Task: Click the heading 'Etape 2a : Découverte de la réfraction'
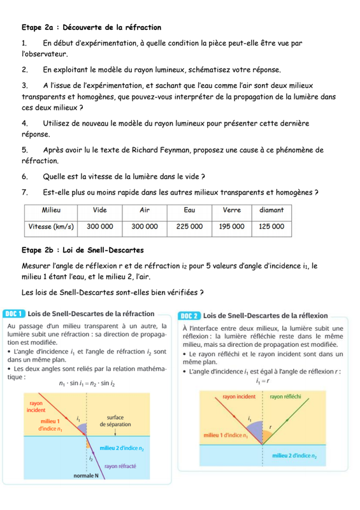[x=91, y=27]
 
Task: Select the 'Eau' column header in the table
[x=189, y=210]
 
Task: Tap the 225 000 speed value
[x=189, y=226]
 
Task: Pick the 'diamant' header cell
[x=271, y=210]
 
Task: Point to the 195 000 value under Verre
[x=231, y=226]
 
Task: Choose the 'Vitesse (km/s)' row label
[x=51, y=227]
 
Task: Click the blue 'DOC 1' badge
[x=13, y=314]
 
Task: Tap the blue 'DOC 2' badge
[x=189, y=316]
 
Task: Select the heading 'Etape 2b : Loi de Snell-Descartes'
[x=83, y=250]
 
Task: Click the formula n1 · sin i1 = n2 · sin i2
[x=87, y=384]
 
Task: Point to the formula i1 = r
[x=263, y=381]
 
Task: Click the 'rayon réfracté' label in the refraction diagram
[x=120, y=466]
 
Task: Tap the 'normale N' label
[x=86, y=476]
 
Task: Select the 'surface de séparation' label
[x=115, y=421]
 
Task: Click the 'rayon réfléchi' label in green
[x=285, y=397]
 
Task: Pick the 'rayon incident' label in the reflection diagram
[x=239, y=397]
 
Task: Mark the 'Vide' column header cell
[x=100, y=210]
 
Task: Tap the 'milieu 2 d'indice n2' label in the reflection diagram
[x=294, y=456]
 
